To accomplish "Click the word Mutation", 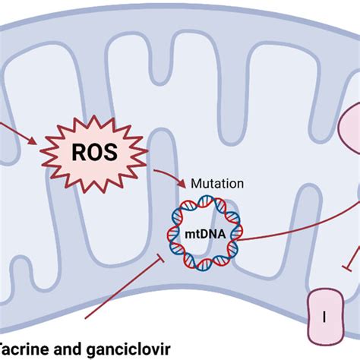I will (x=217, y=183).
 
